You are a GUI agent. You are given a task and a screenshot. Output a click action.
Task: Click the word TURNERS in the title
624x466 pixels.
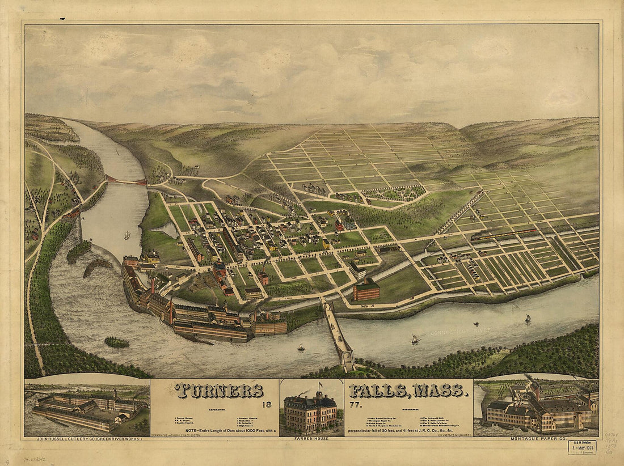[x=220, y=391]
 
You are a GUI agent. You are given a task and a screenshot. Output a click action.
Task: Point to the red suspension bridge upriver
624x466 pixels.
[x=127, y=181]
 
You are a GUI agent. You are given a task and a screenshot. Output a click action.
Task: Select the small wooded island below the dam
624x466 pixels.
[x=117, y=342]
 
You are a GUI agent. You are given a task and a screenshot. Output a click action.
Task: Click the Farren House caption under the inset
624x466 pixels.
[x=311, y=438]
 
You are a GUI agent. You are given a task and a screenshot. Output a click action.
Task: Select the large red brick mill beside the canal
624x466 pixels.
[x=366, y=290]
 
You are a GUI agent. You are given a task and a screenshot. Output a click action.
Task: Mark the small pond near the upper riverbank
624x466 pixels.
[x=168, y=229]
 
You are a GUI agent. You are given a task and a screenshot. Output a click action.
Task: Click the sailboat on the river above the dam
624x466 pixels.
[x=127, y=235]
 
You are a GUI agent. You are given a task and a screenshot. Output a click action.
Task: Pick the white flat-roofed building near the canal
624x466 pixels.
[x=357, y=270]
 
